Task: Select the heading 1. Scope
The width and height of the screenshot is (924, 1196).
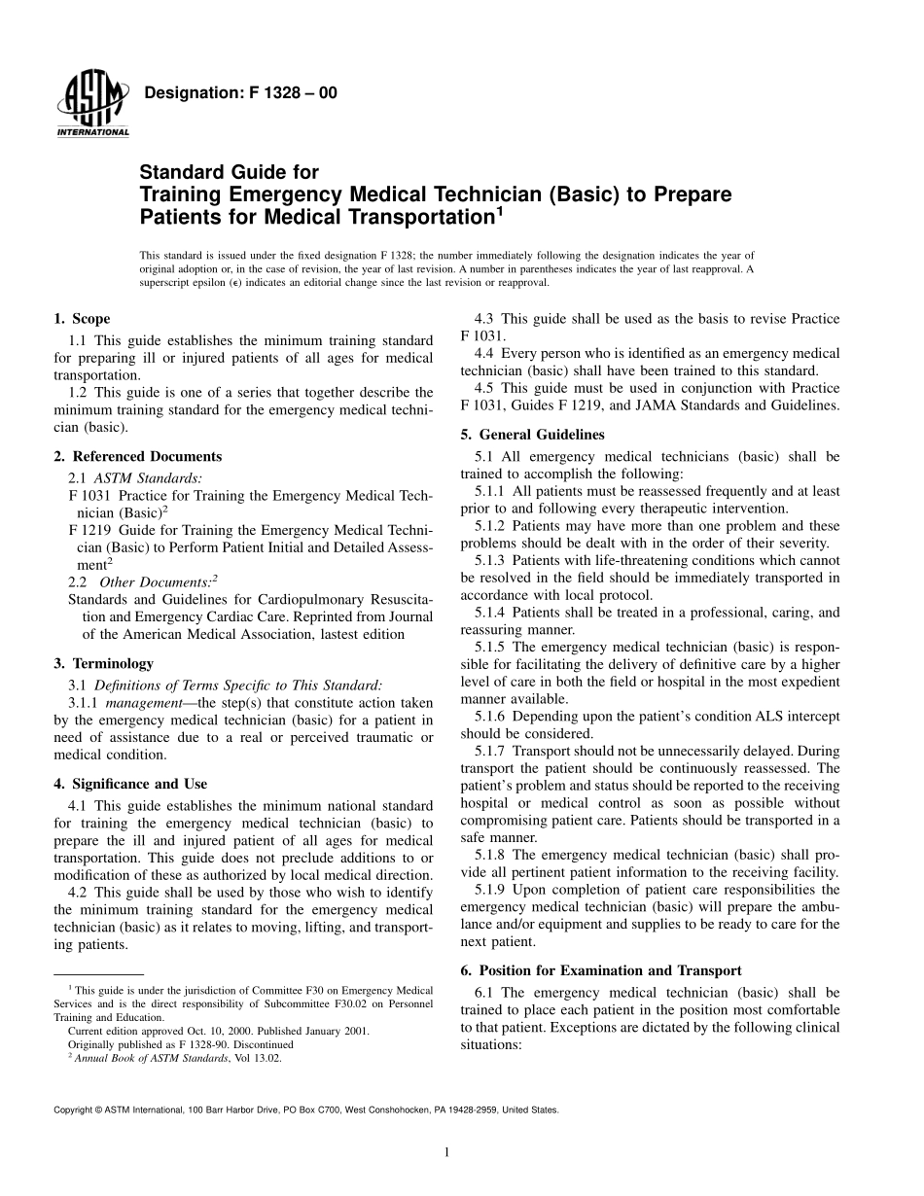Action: pyautogui.click(x=82, y=319)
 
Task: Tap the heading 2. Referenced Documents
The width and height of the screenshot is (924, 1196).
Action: pyautogui.click(x=137, y=456)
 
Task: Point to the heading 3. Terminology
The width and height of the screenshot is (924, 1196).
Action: pyautogui.click(x=103, y=663)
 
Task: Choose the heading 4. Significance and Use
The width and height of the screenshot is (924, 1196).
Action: pyautogui.click(x=129, y=784)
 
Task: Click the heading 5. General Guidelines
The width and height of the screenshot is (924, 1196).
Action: pyautogui.click(x=532, y=435)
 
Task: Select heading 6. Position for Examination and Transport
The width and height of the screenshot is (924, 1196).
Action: pyautogui.click(x=600, y=970)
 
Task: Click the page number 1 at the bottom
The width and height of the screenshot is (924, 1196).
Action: pyautogui.click(x=444, y=1152)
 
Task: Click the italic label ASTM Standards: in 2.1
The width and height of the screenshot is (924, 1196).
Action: pyautogui.click(x=148, y=477)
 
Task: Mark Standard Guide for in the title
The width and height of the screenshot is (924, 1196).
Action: pyautogui.click(x=230, y=173)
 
